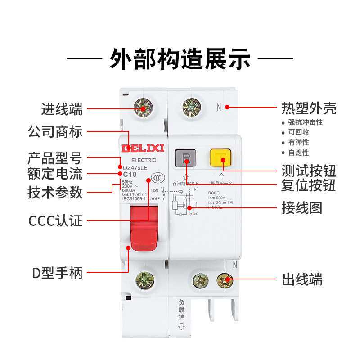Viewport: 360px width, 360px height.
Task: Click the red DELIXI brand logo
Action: click(x=143, y=148)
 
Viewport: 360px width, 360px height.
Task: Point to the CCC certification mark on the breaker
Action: click(x=156, y=177)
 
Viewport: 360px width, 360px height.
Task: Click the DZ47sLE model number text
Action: click(x=135, y=167)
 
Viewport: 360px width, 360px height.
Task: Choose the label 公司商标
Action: click(x=55, y=132)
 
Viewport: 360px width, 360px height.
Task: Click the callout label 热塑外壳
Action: click(x=309, y=108)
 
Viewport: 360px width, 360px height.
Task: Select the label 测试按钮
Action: click(x=309, y=171)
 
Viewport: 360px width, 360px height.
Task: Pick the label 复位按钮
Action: click(x=309, y=185)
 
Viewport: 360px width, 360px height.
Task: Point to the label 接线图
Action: click(x=302, y=207)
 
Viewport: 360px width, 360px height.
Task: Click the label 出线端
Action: click(x=302, y=279)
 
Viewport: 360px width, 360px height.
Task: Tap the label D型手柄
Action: click(x=57, y=273)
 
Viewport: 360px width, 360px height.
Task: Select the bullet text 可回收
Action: click(x=299, y=132)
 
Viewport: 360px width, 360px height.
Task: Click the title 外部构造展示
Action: click(x=180, y=58)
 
